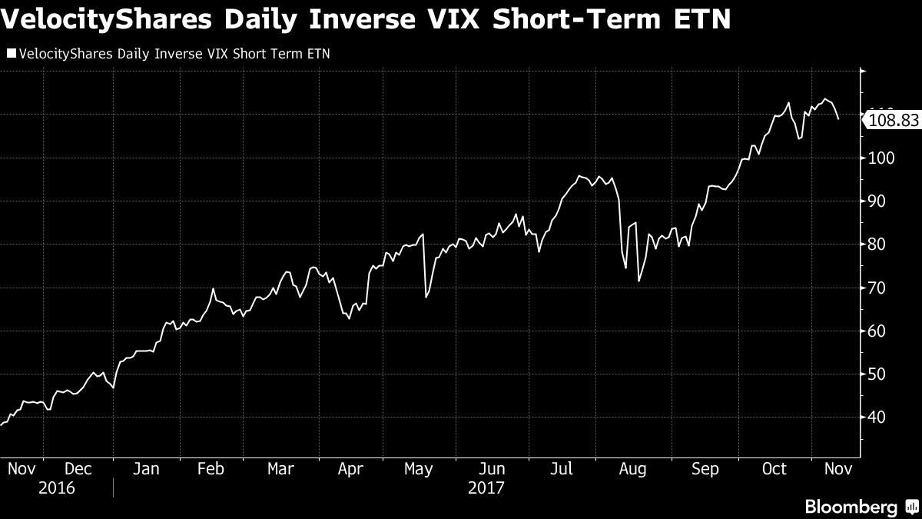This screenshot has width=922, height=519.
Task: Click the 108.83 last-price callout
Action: pos(892,120)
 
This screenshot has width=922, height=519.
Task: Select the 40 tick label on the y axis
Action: pos(877,418)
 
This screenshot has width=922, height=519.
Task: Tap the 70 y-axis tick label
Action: pos(877,288)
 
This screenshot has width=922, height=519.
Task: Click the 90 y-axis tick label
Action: pos(877,201)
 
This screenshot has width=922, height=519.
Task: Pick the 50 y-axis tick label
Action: pos(877,374)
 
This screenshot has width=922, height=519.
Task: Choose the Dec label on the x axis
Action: pos(78,469)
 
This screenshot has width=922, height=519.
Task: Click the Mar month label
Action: pos(281,469)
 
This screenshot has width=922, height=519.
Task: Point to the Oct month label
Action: pos(774,469)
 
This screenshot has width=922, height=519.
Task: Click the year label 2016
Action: pos(58,488)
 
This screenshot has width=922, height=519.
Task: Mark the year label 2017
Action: pos(486,488)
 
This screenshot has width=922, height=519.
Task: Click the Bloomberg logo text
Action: pos(851,507)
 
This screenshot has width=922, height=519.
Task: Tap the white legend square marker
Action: pos(11,54)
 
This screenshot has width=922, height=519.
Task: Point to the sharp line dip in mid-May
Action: pos(426,296)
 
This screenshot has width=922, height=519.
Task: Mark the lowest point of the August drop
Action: pos(638,281)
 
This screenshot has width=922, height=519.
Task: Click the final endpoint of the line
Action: pos(838,119)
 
